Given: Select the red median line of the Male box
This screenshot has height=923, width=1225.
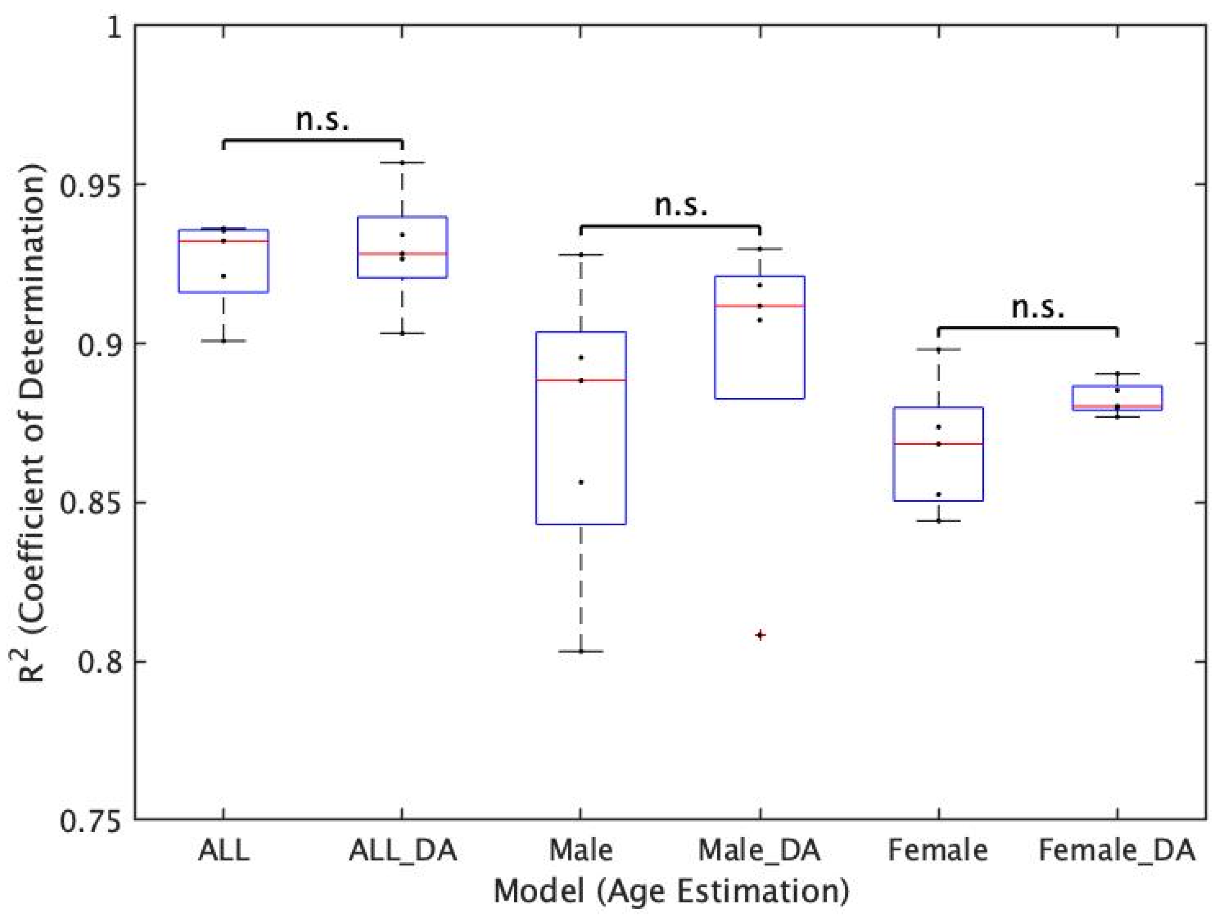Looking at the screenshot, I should tap(581, 381).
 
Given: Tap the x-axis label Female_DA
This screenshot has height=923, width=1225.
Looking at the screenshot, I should tap(1116, 850).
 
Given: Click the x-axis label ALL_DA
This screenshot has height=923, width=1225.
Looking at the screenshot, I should tap(403, 850).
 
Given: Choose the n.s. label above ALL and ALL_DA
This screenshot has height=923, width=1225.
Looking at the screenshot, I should tap(323, 119).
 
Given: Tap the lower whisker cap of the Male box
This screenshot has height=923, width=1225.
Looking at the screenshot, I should tap(581, 651).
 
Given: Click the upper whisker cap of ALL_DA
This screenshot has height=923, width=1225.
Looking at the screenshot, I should tap(403, 162).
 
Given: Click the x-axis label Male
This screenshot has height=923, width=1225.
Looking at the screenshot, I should tap(581, 850).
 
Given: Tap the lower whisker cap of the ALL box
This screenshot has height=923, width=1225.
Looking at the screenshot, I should tap(224, 340).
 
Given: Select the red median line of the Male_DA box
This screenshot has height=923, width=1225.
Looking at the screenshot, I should tap(760, 306).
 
